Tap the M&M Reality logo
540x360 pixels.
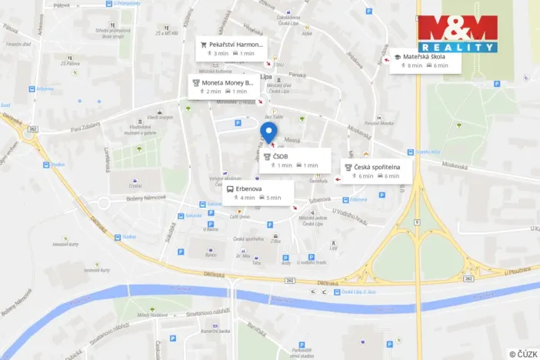click(x=458, y=34)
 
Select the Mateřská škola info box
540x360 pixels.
click(x=424, y=61)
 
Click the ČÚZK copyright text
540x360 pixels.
click(x=524, y=354)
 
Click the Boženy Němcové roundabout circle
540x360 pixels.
click(x=104, y=204)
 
